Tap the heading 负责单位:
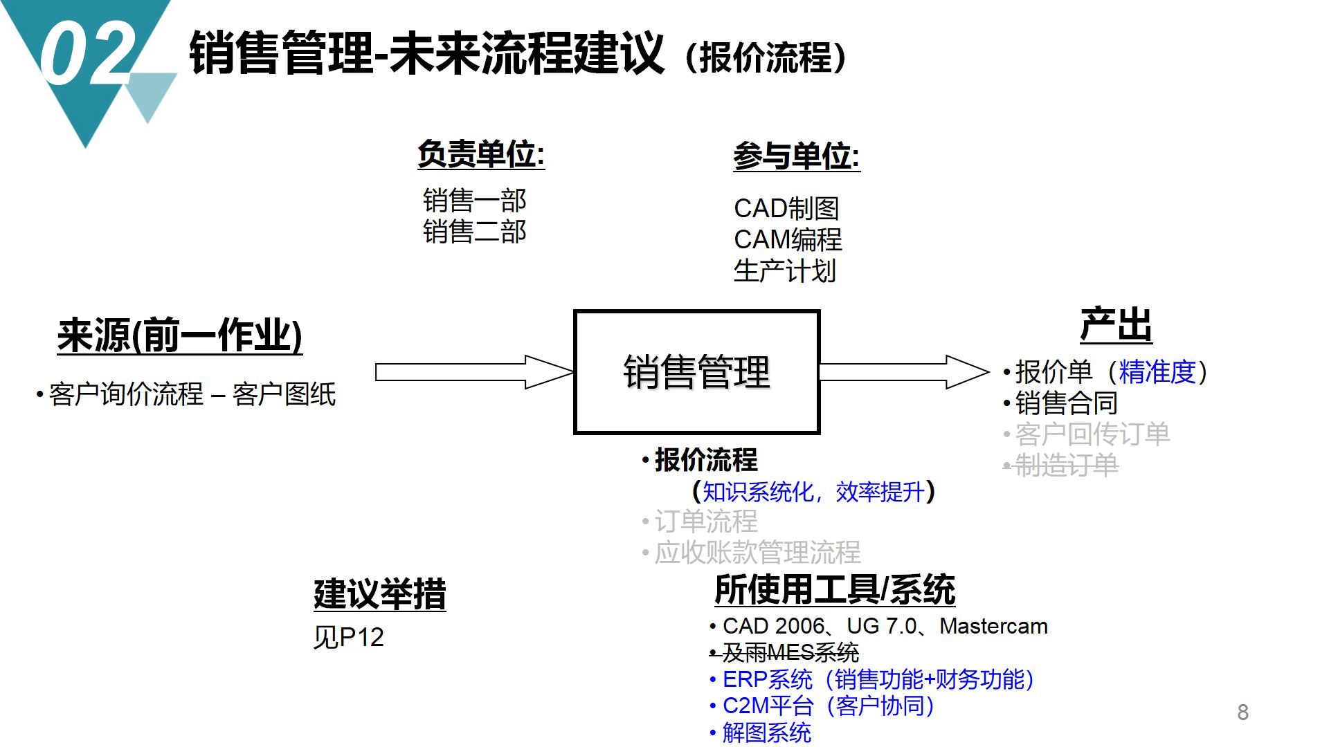tap(480, 154)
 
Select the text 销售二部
tap(474, 232)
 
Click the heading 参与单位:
tap(796, 156)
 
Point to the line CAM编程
tap(787, 240)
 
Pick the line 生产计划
tap(784, 271)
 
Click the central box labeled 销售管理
tap(696, 372)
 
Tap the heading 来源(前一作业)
tap(179, 336)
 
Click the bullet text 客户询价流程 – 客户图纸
tap(192, 395)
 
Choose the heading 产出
tap(1115, 325)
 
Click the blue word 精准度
tap(1157, 372)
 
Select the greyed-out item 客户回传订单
tap(1092, 434)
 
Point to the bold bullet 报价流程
tap(705, 460)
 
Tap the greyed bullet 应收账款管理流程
tap(757, 553)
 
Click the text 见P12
tap(348, 637)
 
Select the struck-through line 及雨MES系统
tap(790, 652)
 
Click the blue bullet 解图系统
tap(766, 732)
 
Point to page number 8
tap(1242, 712)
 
